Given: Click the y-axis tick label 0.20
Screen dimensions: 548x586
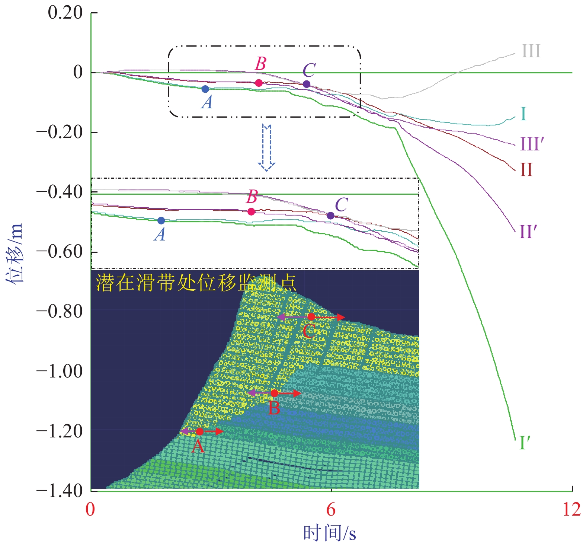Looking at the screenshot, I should point(65,13).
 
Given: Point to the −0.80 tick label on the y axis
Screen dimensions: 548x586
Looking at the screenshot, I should point(60,312).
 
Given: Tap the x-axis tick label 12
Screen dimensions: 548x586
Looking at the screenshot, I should point(571,509).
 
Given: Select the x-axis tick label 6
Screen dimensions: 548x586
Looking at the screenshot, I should point(331,509).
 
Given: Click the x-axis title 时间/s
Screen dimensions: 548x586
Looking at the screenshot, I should point(330,533).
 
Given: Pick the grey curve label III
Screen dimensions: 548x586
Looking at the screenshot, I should point(531,51).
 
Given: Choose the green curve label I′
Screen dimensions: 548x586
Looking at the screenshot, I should point(524,443).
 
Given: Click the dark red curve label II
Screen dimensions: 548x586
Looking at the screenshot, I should point(526,170).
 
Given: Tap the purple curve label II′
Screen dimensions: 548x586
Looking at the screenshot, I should point(528,232).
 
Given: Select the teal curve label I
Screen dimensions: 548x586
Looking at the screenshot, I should point(523,114).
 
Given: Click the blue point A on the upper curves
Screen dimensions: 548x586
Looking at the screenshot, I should point(205,89).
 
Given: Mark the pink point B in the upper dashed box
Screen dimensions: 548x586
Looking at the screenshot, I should point(259,83).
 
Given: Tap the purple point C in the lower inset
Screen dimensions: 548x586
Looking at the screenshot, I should point(330,216).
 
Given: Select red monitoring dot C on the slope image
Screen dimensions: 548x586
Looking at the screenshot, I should point(311,317).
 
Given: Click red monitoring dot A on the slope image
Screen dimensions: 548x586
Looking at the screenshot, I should point(199,431).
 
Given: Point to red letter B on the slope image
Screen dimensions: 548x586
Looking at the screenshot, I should point(274,408).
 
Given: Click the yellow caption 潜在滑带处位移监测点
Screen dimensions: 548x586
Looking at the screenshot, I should point(196,283).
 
